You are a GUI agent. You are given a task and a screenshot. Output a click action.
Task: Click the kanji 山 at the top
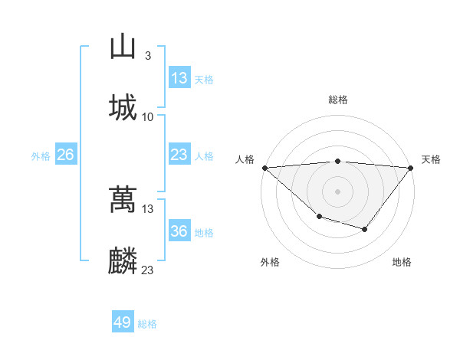[123, 47]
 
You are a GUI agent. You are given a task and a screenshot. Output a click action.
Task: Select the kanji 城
[123, 107]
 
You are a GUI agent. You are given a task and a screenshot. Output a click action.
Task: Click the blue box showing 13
[179, 78]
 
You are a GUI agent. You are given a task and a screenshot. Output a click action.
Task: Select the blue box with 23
[179, 155]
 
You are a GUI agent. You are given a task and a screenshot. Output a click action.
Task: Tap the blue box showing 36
[179, 231]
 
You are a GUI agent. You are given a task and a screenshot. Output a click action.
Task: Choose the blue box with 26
[65, 155]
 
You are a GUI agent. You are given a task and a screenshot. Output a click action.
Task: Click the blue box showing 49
[123, 322]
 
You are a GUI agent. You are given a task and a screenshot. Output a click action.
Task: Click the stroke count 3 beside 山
[148, 56]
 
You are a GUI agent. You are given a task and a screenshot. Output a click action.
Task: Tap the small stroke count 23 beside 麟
[148, 270]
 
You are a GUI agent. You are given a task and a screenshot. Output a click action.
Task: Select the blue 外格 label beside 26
[41, 155]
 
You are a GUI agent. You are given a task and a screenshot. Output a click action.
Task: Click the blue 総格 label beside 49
[147, 323]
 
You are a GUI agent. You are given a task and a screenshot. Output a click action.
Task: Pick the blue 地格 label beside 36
[204, 232]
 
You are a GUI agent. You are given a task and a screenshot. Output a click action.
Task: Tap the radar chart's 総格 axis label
[338, 100]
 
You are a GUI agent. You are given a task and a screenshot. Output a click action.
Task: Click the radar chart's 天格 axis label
[431, 159]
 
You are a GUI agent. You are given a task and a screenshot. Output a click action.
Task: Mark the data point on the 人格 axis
[264, 168]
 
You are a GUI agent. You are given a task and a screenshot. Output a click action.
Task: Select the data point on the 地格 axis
[365, 229]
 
